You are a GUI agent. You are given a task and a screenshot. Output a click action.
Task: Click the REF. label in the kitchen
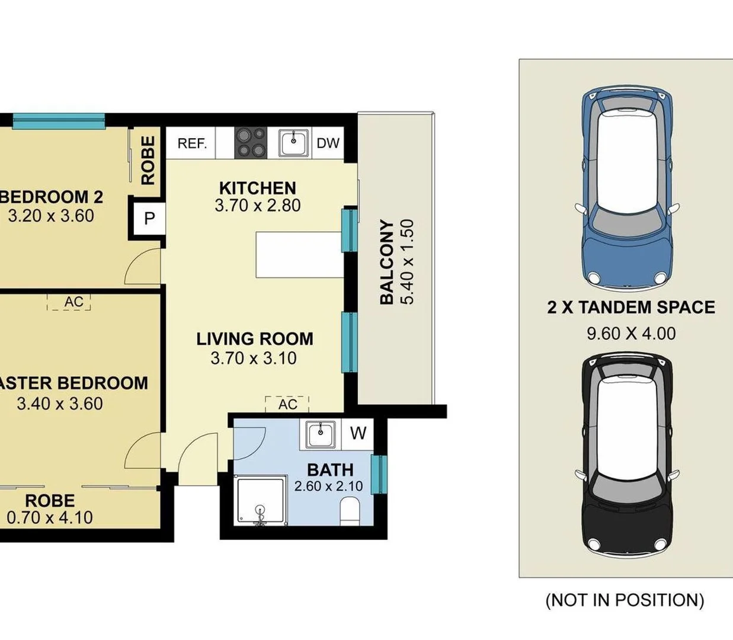point(192,143)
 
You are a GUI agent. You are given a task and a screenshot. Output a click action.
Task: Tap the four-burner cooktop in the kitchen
point(251,143)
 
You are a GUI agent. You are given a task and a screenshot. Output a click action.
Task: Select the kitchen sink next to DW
point(294,143)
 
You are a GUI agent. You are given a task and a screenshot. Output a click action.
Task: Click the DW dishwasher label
point(328,143)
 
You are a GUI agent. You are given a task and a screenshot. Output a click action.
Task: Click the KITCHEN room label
point(257,188)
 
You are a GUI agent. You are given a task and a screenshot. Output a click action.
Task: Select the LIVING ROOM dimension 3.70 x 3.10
point(254,358)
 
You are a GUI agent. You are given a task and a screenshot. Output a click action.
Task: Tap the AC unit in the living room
point(287,404)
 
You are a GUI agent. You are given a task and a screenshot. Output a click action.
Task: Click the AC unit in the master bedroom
point(73,302)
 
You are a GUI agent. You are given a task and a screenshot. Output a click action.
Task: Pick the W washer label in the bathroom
point(358,433)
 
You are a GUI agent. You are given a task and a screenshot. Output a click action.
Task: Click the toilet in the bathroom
point(350,510)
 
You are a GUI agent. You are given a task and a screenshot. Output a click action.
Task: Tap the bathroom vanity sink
point(321,434)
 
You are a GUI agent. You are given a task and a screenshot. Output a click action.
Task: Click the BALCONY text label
point(386,261)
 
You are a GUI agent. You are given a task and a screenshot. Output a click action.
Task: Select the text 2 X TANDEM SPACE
point(630,307)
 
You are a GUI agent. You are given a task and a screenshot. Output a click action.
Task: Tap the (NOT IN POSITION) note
point(625,600)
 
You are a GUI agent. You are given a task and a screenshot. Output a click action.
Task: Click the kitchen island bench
point(300,255)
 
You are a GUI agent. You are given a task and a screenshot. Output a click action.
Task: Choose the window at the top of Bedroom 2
point(59,121)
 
